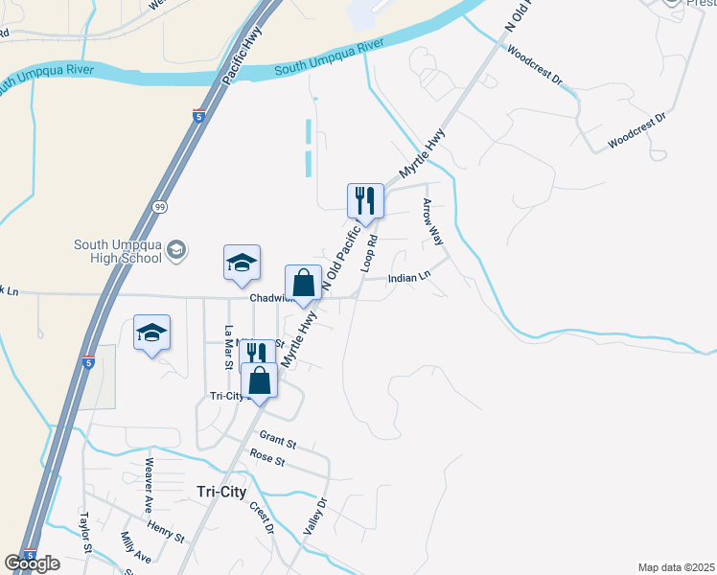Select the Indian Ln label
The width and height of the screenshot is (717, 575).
point(409,279)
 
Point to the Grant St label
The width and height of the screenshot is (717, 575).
point(278,442)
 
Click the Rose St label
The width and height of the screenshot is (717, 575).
point(267,459)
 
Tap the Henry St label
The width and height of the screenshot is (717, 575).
point(165,530)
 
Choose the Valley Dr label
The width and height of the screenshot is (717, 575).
point(314,516)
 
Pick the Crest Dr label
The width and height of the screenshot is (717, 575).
point(263,517)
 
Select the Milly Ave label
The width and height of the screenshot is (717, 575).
point(136,548)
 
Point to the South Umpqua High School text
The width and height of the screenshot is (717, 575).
point(117,251)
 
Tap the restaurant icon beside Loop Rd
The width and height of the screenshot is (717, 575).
point(365,200)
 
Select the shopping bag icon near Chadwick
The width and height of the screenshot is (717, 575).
point(303,283)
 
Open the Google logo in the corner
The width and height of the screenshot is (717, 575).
point(32,563)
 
